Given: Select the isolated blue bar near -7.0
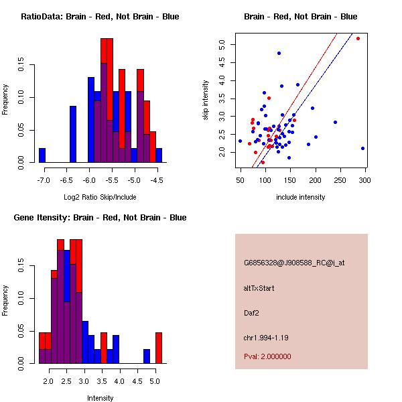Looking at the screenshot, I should [x=42, y=155].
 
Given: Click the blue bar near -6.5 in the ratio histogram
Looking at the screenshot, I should [x=73, y=134].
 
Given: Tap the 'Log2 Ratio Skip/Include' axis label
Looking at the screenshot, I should [x=100, y=197].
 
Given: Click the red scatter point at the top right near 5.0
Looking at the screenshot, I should [x=358, y=38].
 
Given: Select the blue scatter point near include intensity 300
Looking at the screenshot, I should [x=362, y=148].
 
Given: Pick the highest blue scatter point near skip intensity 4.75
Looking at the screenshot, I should [x=279, y=53].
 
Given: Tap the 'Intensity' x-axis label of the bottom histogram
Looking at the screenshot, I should [x=100, y=398].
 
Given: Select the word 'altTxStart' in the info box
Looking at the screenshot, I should [x=259, y=288].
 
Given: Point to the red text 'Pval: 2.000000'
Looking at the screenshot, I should [x=267, y=356].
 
